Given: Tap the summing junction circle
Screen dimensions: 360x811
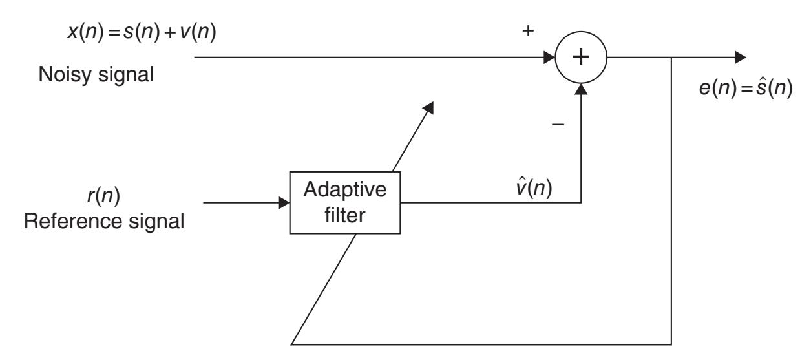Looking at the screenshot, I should coord(582,57).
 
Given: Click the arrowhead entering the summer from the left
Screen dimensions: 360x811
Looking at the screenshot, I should coord(551,57).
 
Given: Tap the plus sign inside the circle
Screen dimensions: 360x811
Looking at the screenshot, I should coord(582,57).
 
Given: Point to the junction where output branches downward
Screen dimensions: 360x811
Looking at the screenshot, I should coord(673,57).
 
